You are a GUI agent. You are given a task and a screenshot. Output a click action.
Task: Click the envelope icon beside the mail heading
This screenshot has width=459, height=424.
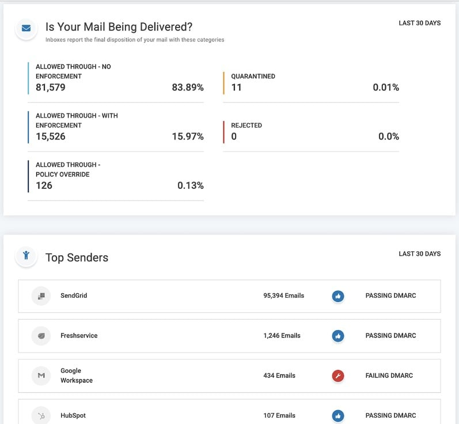[x=26, y=28]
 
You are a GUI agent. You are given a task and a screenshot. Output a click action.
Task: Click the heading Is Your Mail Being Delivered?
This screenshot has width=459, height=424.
[x=119, y=26]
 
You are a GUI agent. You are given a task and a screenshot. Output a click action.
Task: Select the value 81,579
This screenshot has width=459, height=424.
[x=51, y=88]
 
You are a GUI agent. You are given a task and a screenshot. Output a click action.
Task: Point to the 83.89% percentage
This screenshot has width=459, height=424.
[x=187, y=88]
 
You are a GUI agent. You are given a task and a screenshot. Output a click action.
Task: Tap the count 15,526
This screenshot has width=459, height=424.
[x=51, y=137]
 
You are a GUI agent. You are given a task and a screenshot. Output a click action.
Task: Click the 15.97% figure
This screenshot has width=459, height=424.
[x=187, y=137]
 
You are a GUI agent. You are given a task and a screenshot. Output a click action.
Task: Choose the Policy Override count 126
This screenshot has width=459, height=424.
[x=44, y=185]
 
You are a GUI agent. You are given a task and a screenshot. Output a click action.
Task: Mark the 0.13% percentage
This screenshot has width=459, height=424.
[x=190, y=185]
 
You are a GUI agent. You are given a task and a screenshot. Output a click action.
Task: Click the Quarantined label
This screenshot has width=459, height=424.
[x=253, y=76]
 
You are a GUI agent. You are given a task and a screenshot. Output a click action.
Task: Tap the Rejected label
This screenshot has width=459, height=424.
[x=246, y=125]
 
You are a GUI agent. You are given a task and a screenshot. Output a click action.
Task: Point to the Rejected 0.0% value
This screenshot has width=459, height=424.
[x=388, y=137]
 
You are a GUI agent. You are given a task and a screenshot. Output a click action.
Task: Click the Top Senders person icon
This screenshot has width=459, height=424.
[x=26, y=256]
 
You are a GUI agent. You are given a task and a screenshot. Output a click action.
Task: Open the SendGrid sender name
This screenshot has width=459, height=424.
[x=74, y=296]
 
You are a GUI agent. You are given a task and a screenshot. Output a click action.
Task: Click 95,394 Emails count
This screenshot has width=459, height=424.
[x=283, y=296]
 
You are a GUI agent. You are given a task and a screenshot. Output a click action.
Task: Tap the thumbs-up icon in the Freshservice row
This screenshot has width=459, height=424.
[x=338, y=336]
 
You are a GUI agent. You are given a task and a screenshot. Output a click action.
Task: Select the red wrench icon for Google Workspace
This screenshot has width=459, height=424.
[x=338, y=376]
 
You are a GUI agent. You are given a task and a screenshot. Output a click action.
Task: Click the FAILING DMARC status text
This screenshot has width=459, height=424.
[x=389, y=376]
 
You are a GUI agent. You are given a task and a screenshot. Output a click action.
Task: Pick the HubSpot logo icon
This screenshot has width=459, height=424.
[x=41, y=415]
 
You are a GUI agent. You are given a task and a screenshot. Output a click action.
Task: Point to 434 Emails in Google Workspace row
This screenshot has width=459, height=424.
[x=279, y=376]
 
